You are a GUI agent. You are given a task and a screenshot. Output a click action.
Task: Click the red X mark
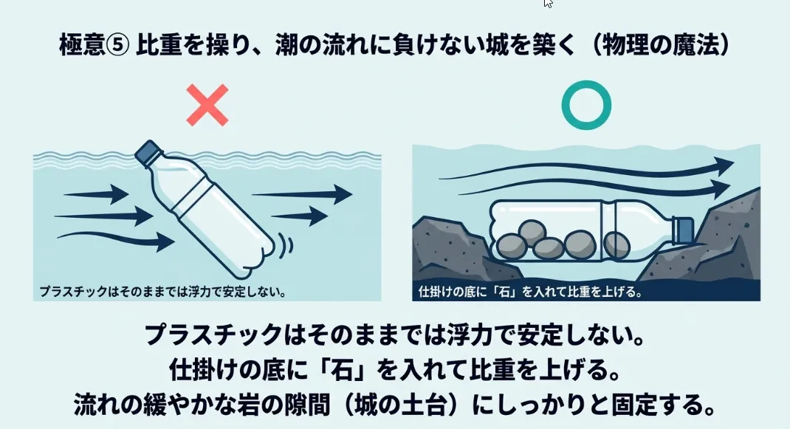coord(207,105)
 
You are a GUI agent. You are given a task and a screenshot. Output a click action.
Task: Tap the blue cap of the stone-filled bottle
coord(684,230)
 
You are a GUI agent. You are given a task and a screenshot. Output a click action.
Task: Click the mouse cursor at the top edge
coord(548,4)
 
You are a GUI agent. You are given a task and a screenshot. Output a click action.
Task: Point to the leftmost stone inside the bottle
coord(512,247)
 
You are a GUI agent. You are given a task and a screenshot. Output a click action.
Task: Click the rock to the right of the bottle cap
coord(721,237)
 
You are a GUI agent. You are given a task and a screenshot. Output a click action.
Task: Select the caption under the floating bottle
coord(162,292)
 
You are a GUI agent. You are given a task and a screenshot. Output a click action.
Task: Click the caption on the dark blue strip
coord(530,292)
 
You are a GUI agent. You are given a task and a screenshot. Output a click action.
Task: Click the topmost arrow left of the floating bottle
coord(96,194)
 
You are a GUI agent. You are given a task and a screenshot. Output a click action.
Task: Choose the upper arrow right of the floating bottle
coord(302,194)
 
